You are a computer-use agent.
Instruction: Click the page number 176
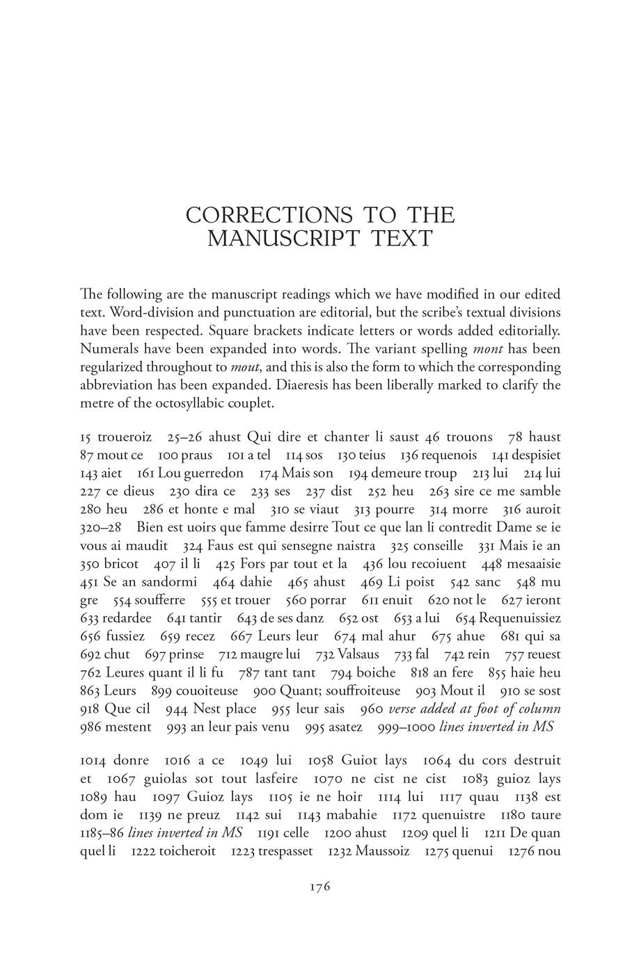(319, 887)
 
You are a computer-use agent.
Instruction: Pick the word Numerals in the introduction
(105, 348)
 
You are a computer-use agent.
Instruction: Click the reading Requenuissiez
(520, 618)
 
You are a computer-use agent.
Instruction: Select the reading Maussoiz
(382, 851)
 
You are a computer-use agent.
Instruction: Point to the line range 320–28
(100, 528)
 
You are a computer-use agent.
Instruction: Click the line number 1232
(339, 851)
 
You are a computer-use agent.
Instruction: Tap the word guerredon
(213, 474)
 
